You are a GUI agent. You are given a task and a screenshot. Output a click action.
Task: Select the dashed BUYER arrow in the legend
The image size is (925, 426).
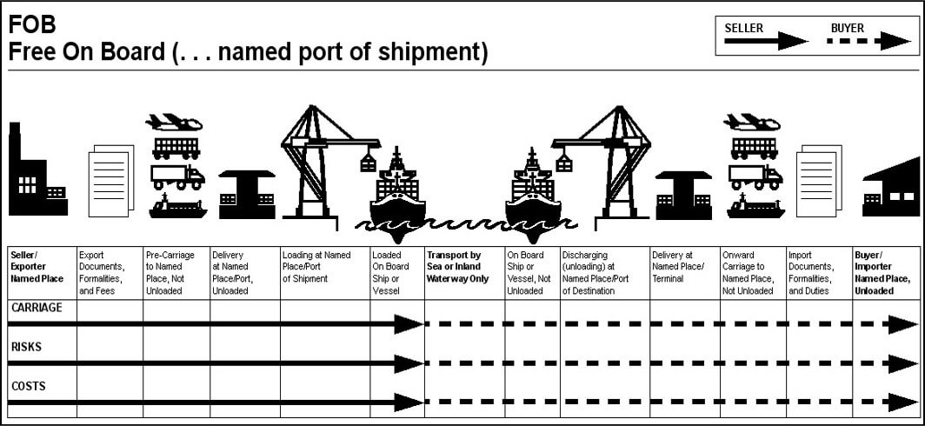(x=869, y=41)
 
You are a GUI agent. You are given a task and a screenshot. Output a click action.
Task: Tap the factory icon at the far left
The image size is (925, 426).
(x=35, y=174)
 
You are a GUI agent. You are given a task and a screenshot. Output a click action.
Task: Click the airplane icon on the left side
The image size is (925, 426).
(x=174, y=123)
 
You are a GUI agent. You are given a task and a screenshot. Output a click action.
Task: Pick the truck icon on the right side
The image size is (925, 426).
(x=755, y=176)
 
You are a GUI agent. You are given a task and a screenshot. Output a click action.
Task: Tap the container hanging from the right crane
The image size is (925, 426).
(x=564, y=162)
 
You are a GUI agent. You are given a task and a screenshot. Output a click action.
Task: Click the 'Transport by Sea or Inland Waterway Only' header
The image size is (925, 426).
(x=458, y=267)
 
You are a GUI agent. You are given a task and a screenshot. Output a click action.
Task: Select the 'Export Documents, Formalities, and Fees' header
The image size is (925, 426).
(x=102, y=273)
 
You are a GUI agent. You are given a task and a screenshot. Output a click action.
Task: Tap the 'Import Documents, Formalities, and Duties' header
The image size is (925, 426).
(x=812, y=273)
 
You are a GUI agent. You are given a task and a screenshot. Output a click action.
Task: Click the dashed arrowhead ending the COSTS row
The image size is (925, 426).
(x=905, y=403)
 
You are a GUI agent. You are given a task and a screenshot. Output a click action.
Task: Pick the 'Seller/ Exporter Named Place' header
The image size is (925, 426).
(x=37, y=267)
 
